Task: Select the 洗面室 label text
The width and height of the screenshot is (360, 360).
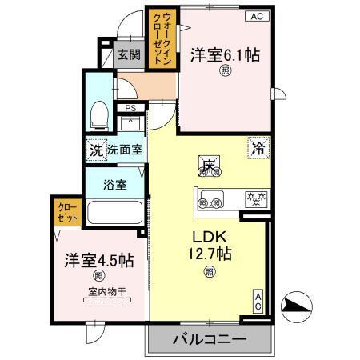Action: pyautogui.click(x=126, y=150)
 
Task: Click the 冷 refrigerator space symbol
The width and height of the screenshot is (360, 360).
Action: pyautogui.click(x=258, y=148)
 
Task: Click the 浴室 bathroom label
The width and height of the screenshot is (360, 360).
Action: pyautogui.click(x=115, y=185)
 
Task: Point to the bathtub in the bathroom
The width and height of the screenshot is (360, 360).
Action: pyautogui.click(x=114, y=214)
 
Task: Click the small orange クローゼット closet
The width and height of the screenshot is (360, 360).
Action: pyautogui.click(x=66, y=213)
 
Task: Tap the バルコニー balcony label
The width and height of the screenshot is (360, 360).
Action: pyautogui.click(x=208, y=339)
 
